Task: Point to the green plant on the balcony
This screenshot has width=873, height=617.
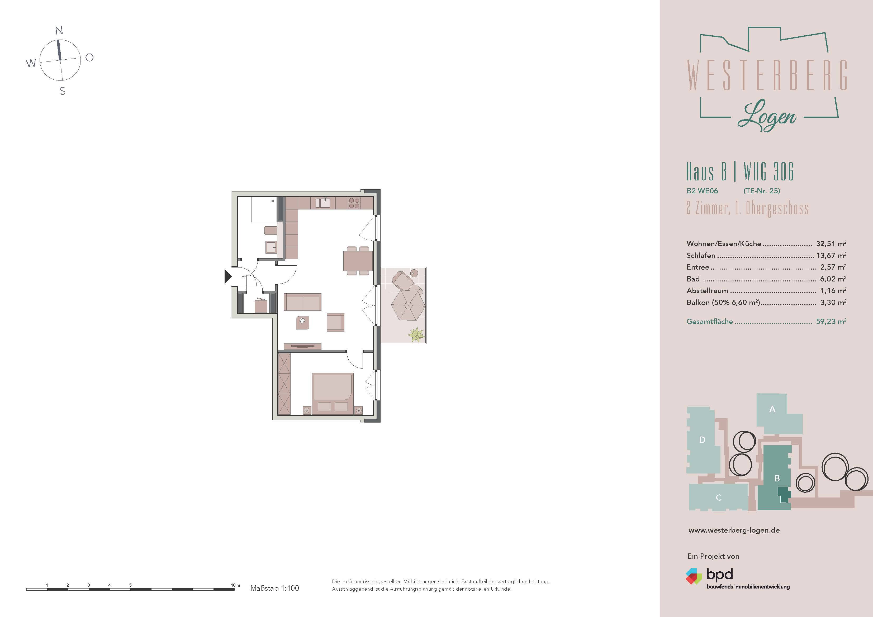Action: coord(416,334)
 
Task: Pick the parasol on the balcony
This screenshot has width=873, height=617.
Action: coord(408,305)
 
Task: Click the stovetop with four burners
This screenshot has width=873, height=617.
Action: coord(354,203)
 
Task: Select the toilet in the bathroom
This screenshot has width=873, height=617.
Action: coord(270,230)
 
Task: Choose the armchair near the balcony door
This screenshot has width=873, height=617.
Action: coord(335,322)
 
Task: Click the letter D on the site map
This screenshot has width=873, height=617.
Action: coord(702,440)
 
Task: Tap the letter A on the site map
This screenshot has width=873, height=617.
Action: coord(772,409)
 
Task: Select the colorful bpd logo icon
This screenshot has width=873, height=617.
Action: coord(694,576)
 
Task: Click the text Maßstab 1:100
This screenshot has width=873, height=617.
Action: coord(274,588)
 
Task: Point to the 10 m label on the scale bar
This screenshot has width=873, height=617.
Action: coord(235,585)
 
